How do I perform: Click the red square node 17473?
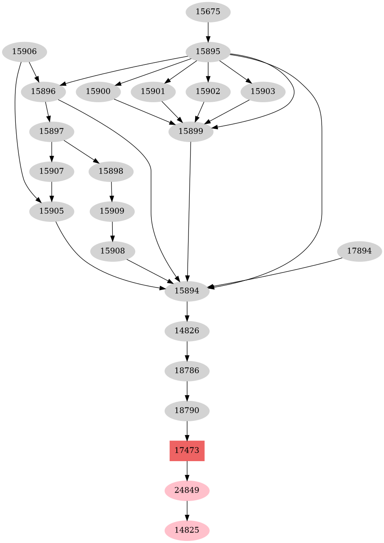click(x=187, y=450)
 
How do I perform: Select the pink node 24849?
click(x=187, y=490)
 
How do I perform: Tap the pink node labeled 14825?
click(x=187, y=530)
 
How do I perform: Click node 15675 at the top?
click(x=208, y=12)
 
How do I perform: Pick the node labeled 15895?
click(x=208, y=52)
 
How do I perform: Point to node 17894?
click(x=359, y=251)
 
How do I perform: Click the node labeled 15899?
click(x=191, y=132)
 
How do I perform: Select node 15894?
click(x=187, y=291)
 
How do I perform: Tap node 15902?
click(x=208, y=91)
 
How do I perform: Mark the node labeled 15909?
click(x=112, y=211)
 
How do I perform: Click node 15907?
click(x=52, y=171)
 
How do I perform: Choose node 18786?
click(x=187, y=371)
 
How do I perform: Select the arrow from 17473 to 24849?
click(x=187, y=470)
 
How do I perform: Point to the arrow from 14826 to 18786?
click(x=187, y=351)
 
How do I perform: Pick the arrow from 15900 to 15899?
click(x=144, y=111)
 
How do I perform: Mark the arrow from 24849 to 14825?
click(x=187, y=510)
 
